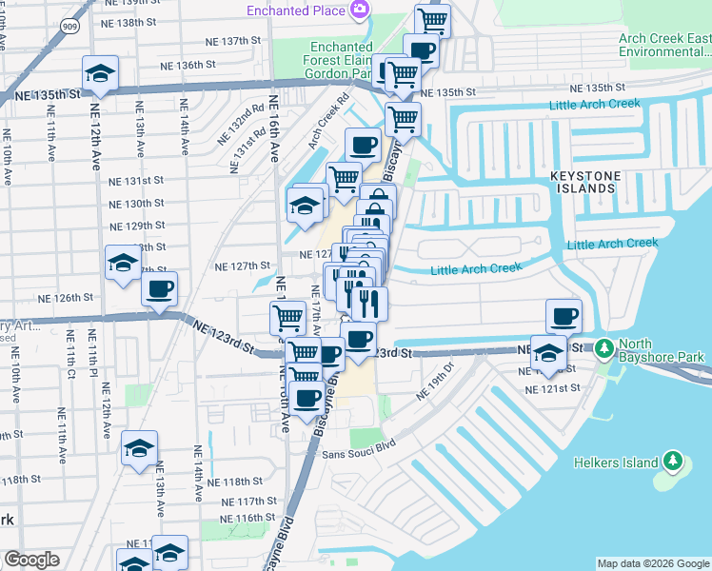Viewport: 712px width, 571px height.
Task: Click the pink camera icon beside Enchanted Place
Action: pos(359,10)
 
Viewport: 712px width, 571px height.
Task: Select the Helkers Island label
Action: pos(616,463)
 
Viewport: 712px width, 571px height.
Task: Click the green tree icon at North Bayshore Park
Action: pos(603,350)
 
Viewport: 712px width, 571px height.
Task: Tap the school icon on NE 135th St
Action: pos(100,74)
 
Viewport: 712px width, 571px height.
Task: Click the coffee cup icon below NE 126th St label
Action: pos(160,289)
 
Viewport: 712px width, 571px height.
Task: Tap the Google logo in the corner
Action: pos(31,560)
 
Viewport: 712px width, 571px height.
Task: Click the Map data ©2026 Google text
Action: pos(653,563)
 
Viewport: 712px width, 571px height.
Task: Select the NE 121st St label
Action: pos(557,388)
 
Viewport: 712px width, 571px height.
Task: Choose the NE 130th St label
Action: pos(137,204)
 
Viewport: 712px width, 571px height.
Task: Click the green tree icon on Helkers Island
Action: pos(673,462)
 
